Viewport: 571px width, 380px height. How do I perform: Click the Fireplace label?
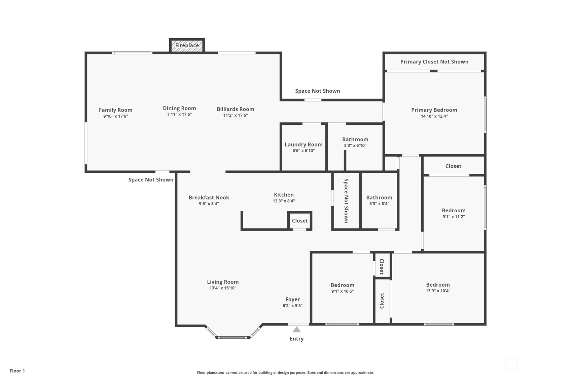click(x=187, y=45)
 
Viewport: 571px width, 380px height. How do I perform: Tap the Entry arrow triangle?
click(x=296, y=330)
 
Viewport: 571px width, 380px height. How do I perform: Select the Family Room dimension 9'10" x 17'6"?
click(x=115, y=116)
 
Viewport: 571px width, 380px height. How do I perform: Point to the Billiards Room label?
click(x=235, y=109)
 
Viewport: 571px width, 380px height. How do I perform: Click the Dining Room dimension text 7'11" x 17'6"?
click(x=179, y=115)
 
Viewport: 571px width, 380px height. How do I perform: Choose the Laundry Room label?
click(x=304, y=144)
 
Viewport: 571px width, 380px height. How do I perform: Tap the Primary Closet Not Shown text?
click(x=434, y=62)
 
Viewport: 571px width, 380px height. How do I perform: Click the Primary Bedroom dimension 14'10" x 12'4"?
click(x=434, y=116)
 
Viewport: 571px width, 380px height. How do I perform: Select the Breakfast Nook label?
click(x=209, y=198)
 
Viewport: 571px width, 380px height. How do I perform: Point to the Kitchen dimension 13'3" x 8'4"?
click(x=284, y=201)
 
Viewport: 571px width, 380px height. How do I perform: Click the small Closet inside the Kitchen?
click(x=300, y=221)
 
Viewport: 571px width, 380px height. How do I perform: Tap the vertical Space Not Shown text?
click(x=346, y=201)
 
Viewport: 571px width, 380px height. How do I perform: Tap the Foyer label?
click(x=292, y=300)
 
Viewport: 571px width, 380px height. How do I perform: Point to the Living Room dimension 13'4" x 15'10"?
click(x=223, y=288)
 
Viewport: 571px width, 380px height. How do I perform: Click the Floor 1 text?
click(x=17, y=371)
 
